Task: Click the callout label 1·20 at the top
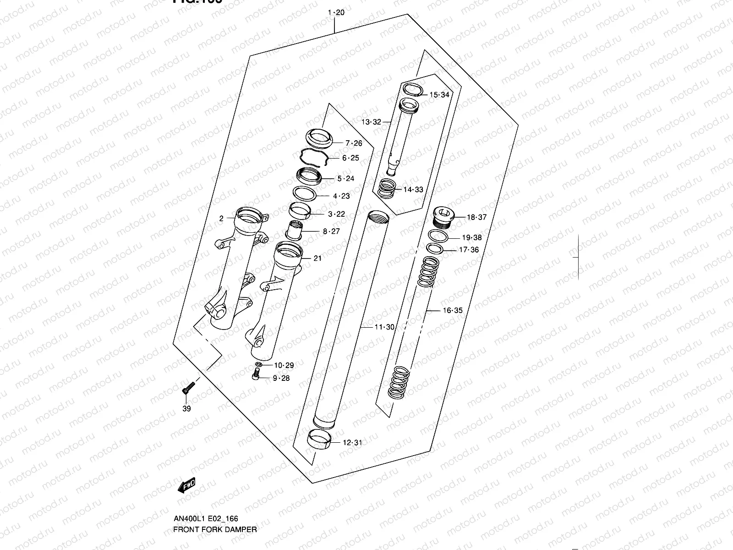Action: coord(336,12)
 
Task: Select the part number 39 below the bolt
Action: coord(186,409)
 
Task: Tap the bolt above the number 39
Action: coord(187,389)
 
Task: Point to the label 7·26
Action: coord(353,143)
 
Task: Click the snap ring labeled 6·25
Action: coord(314,159)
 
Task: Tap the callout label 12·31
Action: coord(352,443)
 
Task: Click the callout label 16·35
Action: coord(452,310)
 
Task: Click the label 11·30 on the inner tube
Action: coord(384,327)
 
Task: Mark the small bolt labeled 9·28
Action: coord(256,376)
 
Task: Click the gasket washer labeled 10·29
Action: coord(258,364)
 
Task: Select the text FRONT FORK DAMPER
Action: coord(214,529)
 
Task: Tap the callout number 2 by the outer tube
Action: coord(221,219)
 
